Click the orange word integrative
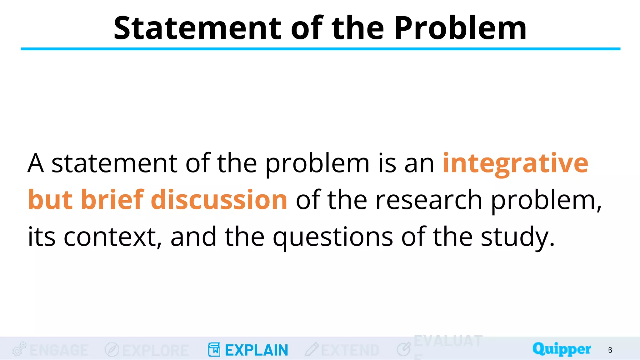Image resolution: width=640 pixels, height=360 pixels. pos(515,163)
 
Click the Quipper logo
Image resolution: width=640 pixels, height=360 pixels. pos(562,349)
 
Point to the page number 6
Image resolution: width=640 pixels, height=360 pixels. pos(610,350)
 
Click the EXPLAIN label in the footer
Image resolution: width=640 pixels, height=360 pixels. pos(256,350)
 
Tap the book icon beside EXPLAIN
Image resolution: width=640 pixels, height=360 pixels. pos(214,350)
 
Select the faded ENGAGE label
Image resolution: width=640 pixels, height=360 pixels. pos(59,350)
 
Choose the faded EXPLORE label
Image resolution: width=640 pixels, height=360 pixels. pos(156,350)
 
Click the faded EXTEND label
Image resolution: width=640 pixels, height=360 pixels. pos(350,350)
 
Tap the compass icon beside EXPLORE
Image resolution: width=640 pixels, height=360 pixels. pos(112,350)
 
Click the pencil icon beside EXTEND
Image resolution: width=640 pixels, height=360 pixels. pos(312,350)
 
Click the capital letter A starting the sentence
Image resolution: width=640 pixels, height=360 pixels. pos(35,163)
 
